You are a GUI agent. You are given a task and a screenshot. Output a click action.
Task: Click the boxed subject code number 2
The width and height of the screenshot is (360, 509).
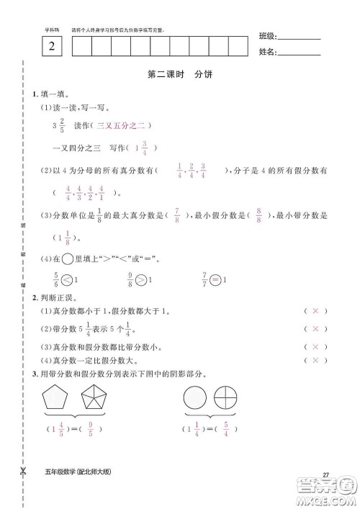pos(51,48)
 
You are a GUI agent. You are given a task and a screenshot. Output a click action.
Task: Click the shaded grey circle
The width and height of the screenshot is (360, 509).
pos(194,398)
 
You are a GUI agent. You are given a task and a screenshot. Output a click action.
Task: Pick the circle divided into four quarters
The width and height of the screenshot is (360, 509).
pos(229,398)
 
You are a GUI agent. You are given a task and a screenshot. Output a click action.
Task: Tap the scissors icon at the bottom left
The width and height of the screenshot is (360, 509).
pos(24,472)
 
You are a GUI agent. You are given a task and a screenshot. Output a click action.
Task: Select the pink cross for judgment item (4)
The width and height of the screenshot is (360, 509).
pos(314,360)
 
